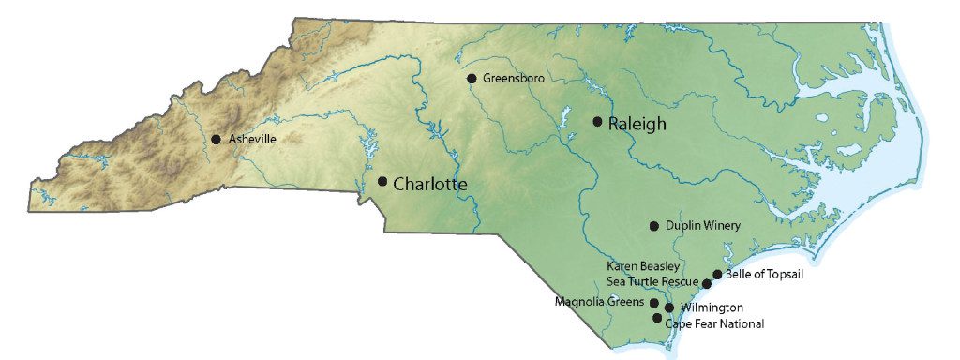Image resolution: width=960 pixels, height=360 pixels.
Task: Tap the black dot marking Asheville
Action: click(216, 139)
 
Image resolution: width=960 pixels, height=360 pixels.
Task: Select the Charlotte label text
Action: click(429, 184)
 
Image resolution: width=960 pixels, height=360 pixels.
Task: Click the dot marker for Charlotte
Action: click(382, 181)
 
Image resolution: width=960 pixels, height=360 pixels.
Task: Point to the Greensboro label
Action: click(513, 79)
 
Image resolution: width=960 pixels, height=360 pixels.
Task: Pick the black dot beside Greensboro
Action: click(472, 79)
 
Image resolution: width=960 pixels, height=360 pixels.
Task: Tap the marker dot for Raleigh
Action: click(597, 121)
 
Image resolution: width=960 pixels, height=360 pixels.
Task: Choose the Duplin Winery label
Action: click(702, 226)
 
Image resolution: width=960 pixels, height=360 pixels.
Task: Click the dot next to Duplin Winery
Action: click(654, 226)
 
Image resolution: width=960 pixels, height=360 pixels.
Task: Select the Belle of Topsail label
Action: click(764, 275)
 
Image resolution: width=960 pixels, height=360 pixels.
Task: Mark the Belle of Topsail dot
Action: click(717, 275)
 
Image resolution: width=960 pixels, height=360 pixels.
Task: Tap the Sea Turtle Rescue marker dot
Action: click(707, 283)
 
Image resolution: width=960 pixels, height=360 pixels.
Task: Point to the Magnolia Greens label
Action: click(599, 302)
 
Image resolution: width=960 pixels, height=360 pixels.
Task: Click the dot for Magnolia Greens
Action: click(653, 303)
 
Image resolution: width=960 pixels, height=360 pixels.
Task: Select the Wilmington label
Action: click(712, 307)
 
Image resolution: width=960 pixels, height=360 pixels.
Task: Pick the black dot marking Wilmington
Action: click(669, 307)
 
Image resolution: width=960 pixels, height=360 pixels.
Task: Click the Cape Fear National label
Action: click(714, 323)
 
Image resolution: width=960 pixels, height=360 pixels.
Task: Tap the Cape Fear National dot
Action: click(657, 318)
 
